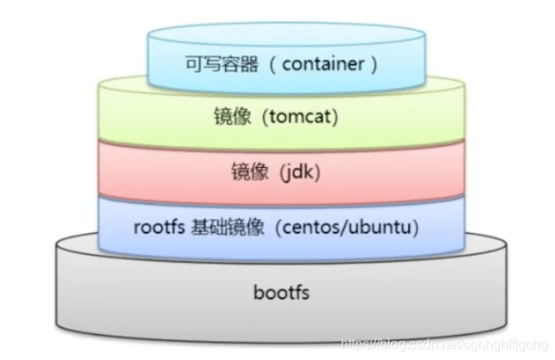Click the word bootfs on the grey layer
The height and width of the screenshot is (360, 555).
(282, 293)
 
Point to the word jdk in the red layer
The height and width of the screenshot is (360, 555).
(290, 174)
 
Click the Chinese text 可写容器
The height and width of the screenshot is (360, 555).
(212, 63)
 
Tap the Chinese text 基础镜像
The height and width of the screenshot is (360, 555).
(216, 228)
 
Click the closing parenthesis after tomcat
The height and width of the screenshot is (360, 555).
(335, 116)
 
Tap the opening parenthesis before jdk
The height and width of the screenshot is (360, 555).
(272, 174)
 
